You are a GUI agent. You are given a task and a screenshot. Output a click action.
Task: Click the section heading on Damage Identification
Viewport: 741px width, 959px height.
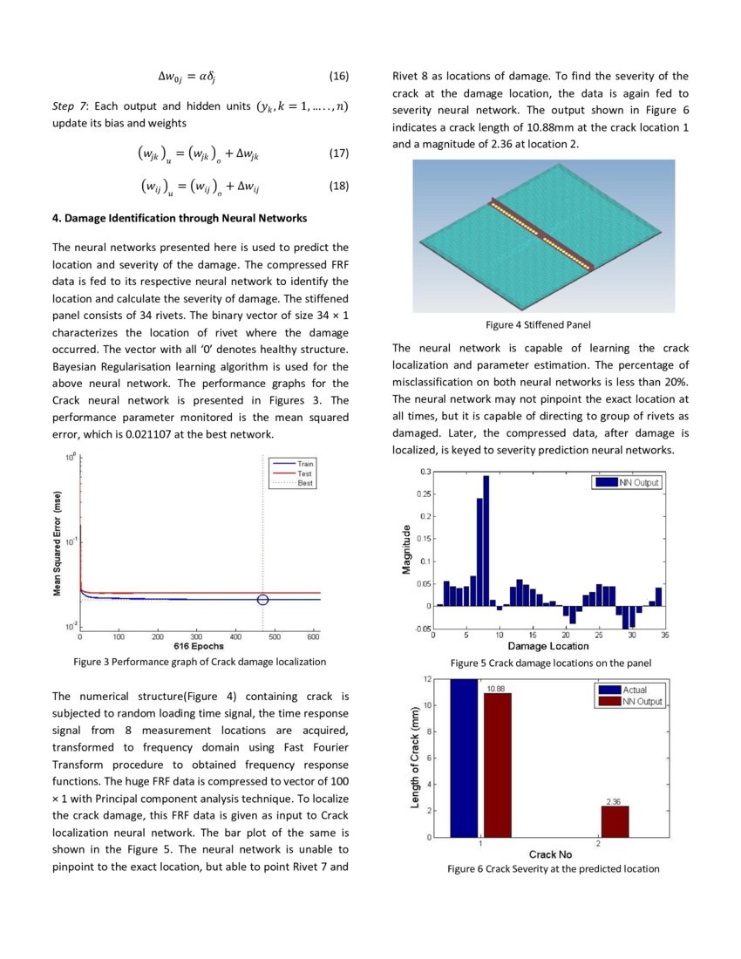pos(179,217)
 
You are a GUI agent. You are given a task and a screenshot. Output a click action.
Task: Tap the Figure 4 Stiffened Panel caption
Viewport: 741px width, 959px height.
pos(538,324)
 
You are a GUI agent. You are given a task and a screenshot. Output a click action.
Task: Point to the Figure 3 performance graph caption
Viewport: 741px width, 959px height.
pos(200,662)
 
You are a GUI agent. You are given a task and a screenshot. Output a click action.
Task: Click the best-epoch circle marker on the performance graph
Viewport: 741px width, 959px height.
pos(264,599)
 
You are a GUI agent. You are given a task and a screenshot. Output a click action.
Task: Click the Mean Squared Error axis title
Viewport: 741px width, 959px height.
pos(58,541)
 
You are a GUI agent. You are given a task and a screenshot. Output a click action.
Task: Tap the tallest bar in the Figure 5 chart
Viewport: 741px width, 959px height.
pos(486,541)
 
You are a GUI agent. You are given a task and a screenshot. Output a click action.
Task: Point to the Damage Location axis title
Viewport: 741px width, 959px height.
pos(547,646)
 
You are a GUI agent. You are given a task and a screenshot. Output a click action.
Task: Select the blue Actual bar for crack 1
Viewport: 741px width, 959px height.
pos(465,758)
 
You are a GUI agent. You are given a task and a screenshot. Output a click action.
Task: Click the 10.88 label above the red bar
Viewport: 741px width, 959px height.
pos(497,688)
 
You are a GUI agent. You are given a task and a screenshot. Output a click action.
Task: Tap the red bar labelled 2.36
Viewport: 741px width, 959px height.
pos(615,821)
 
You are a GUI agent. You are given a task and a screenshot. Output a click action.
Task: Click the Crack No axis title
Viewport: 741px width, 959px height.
pos(550,854)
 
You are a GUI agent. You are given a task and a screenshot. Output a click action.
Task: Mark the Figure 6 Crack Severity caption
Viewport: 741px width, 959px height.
pos(553,868)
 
